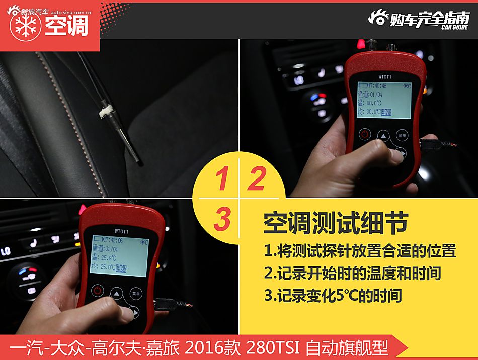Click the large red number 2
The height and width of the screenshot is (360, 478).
coord(256,179)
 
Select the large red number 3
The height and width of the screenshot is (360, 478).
coord(221,220)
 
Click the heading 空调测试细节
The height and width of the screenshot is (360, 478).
coord(335,223)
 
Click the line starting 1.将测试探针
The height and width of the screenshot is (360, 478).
coord(360,250)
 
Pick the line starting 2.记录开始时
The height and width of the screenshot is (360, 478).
coord(352,273)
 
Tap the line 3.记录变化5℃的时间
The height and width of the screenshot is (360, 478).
coord(333,296)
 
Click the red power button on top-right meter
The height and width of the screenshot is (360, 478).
coord(365,134)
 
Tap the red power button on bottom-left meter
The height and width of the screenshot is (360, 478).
coord(98,291)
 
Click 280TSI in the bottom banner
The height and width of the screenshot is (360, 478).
coord(273,347)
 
